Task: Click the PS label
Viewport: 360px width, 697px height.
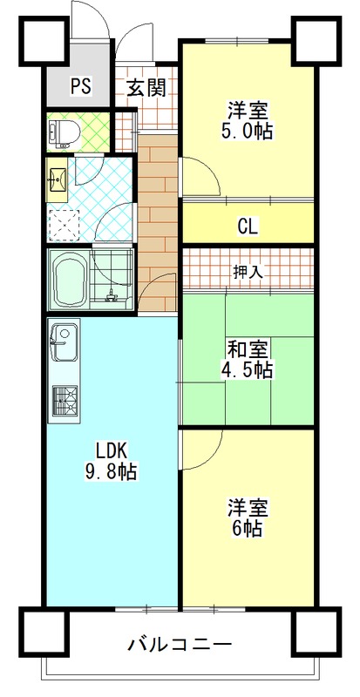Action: pos(81,86)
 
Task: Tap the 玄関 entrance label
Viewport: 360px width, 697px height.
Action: pos(146,87)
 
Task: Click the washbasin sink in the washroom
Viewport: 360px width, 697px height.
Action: pos(57,180)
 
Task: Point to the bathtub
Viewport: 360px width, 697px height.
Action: pos(70,280)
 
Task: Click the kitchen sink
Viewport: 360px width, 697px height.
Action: pos(65,342)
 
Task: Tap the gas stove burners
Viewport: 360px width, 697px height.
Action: pos(65,401)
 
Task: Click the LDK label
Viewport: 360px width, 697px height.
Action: pos(112,451)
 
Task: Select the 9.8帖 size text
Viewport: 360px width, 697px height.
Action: pos(112,471)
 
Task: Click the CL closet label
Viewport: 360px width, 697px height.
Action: pos(248,227)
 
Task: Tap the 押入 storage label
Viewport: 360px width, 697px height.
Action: pos(248,272)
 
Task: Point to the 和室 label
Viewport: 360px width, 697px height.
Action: pos(248,350)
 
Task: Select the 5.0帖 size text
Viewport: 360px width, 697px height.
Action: pos(248,132)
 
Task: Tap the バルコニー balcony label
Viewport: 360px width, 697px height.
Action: pos(180,644)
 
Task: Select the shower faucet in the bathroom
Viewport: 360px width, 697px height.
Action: pos(110,295)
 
